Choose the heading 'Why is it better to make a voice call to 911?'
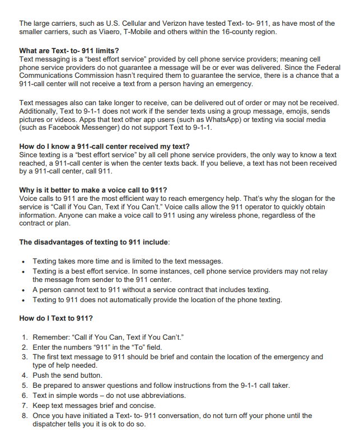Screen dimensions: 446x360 92,190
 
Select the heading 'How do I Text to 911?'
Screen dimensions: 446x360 55,318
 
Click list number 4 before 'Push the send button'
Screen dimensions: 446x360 24,375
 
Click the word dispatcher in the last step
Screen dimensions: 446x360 53,424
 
